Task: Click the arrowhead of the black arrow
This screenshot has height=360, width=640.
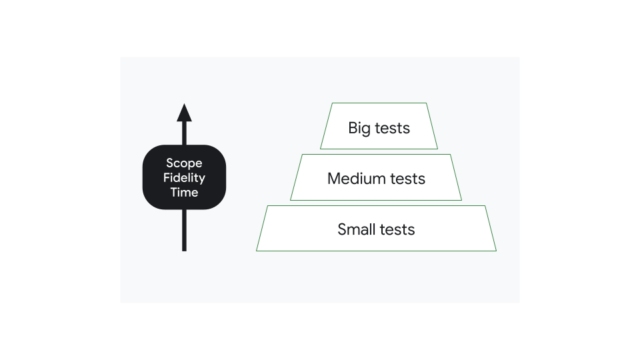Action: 185,113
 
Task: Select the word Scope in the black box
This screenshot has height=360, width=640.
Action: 184,163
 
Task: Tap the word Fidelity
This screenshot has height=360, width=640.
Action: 184,178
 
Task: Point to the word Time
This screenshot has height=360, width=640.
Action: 184,193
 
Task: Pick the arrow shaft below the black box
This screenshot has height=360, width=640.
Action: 185,230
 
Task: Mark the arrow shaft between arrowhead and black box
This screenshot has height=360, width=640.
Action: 185,133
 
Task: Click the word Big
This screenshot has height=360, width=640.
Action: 359,128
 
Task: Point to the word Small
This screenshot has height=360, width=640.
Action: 357,229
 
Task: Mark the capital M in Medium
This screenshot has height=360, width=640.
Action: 333,179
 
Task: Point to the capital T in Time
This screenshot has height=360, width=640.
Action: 173,193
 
